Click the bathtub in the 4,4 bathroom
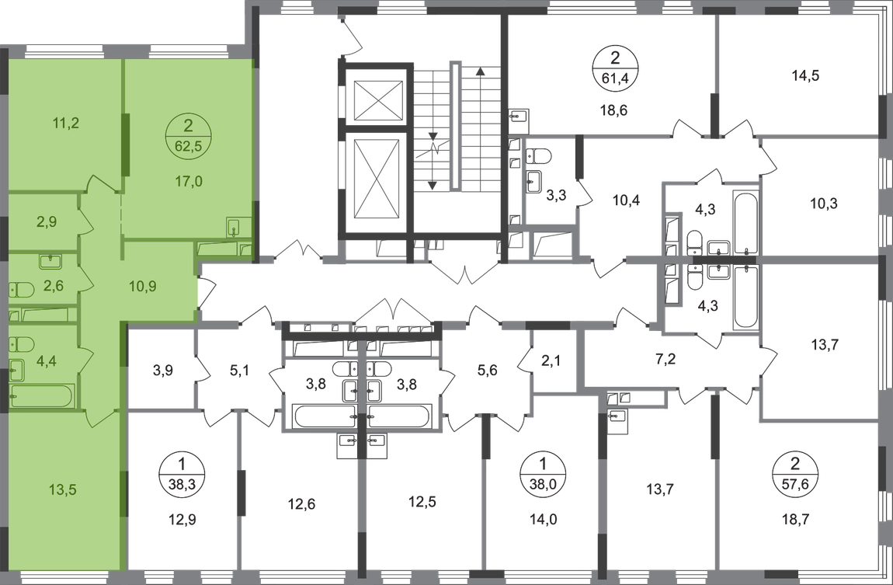[x=43, y=396]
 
